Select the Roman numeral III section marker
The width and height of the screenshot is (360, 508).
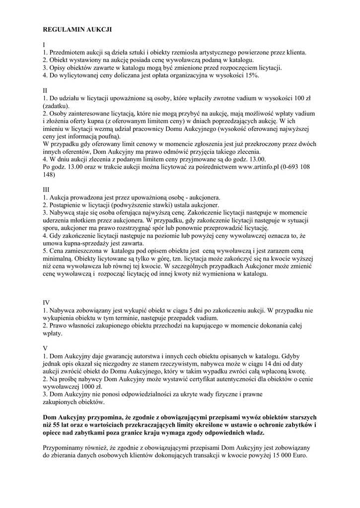click(x=47, y=190)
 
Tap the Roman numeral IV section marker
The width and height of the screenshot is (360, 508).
click(x=47, y=302)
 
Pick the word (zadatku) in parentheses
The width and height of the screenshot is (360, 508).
click(x=57, y=106)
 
